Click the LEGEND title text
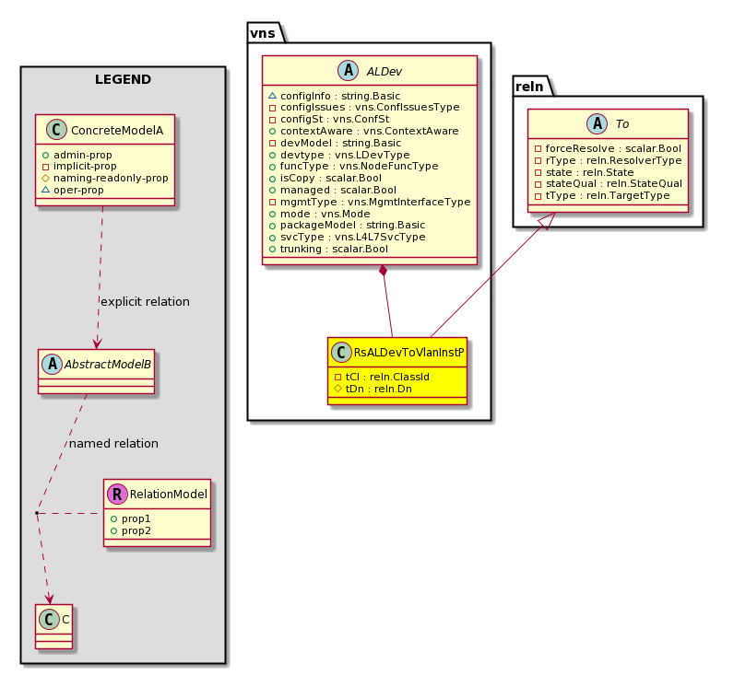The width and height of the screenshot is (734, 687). point(124,79)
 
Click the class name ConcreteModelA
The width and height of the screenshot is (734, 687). point(117,131)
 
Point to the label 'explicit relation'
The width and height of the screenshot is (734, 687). point(145,302)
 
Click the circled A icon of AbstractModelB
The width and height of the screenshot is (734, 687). point(52,364)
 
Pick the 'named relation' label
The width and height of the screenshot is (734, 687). point(113,444)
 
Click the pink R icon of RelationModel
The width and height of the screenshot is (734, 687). point(117,494)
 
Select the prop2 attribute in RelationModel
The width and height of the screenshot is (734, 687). point(131,531)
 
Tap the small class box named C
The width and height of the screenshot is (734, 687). point(53,627)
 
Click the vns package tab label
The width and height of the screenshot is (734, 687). point(262,33)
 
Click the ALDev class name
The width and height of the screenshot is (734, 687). point(384,72)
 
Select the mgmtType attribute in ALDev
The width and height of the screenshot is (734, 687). point(370,202)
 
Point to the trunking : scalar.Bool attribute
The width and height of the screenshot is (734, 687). point(328,249)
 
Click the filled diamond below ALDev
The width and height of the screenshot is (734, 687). point(384,271)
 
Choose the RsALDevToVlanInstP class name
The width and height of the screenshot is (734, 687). point(408,353)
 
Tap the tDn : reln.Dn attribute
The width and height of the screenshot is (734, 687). point(373,389)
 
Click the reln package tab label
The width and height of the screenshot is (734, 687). point(529,87)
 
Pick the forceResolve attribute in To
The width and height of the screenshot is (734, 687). point(608,148)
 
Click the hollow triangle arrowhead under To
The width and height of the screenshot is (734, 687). point(548,220)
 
